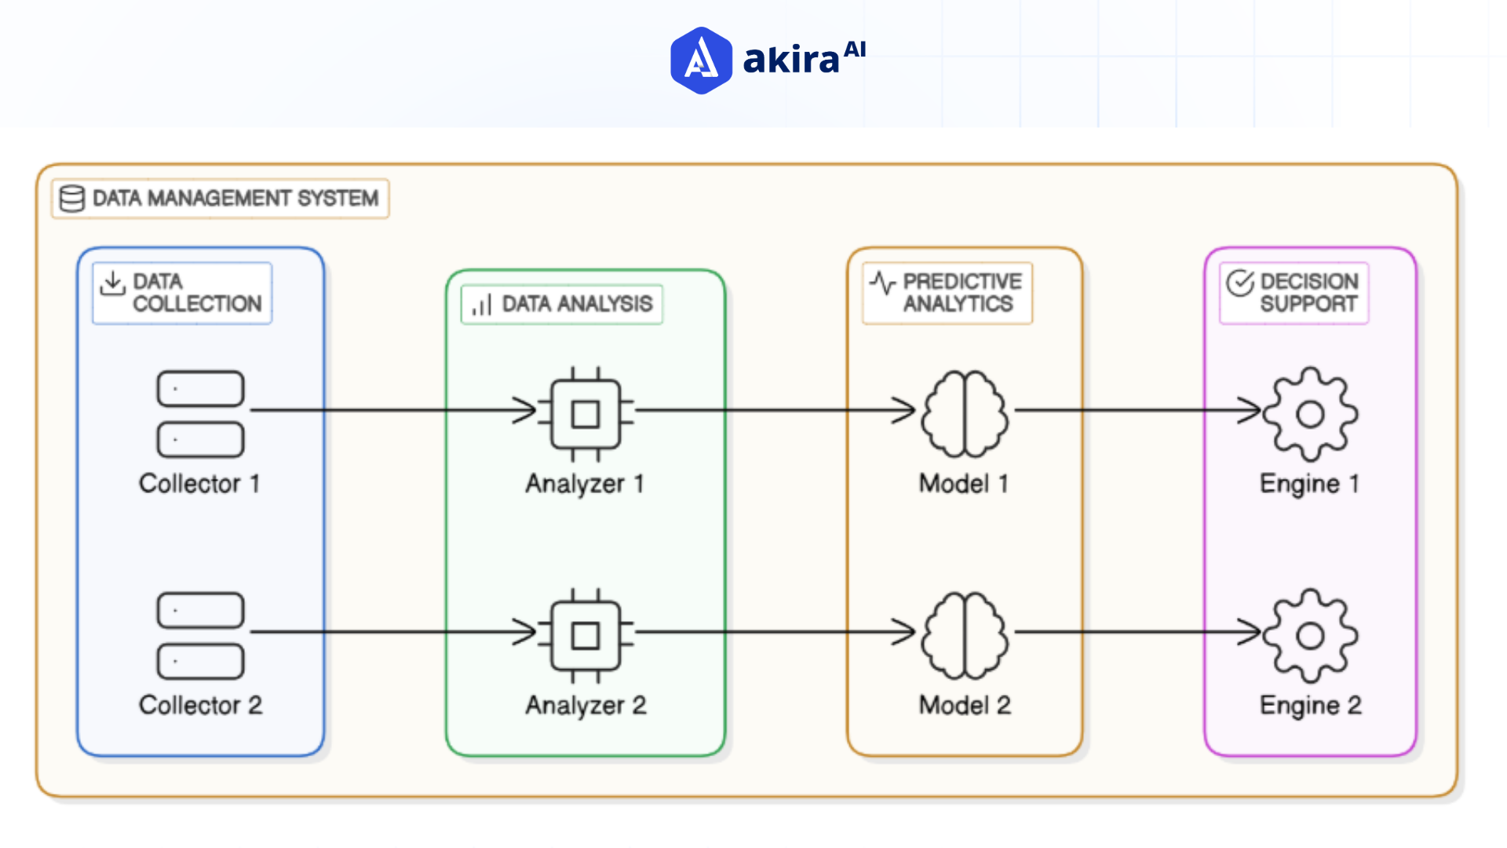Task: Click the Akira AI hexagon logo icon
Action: tap(701, 60)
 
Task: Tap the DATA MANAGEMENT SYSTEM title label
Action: tap(235, 198)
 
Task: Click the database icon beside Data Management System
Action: tap(72, 199)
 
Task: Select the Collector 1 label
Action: tap(199, 484)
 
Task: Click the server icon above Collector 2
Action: tap(200, 635)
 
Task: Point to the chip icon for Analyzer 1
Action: tap(586, 414)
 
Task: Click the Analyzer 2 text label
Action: tap(586, 705)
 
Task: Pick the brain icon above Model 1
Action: tap(965, 414)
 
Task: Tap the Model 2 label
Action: tap(965, 705)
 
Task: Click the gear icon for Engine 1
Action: tap(1310, 414)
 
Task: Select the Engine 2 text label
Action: tap(1310, 705)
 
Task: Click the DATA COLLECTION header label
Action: tap(196, 292)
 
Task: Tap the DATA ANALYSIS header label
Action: tap(577, 304)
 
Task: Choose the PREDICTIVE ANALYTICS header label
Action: tap(961, 292)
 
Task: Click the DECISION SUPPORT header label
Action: tap(1308, 292)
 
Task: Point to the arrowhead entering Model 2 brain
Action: tap(905, 631)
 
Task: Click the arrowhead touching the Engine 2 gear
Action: tap(1250, 631)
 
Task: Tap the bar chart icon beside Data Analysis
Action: tap(481, 305)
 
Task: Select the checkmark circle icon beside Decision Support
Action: tap(1240, 283)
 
